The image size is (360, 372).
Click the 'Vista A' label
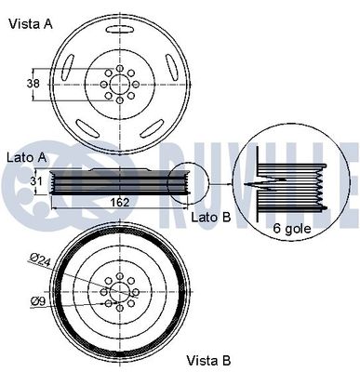(x=31, y=24)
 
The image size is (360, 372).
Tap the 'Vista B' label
(x=210, y=359)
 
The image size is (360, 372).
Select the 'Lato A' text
(x=26, y=157)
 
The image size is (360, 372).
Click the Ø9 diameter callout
(x=38, y=300)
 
